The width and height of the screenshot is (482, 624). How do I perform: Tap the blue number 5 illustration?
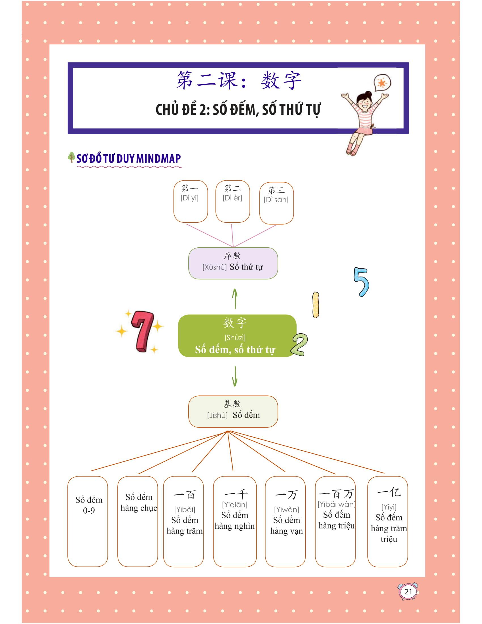pyautogui.click(x=361, y=282)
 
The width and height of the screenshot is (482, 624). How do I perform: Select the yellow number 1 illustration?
pyautogui.click(x=316, y=305)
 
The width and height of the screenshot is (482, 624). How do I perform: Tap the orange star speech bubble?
pyautogui.click(x=382, y=83)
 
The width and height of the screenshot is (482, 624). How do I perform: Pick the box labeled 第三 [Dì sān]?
pyautogui.click(x=276, y=203)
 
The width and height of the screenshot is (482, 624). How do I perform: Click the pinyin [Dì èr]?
pyautogui.click(x=232, y=198)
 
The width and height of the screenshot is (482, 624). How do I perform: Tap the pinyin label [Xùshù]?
pyautogui.click(x=214, y=267)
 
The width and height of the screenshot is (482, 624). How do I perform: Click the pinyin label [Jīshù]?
pyautogui.click(x=217, y=415)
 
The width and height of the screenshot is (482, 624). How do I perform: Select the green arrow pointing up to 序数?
pyautogui.click(x=235, y=299)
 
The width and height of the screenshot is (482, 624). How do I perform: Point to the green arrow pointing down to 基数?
pyautogui.click(x=235, y=376)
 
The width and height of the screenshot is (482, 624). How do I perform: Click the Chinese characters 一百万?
pyautogui.click(x=336, y=494)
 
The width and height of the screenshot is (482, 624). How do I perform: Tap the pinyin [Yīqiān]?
pyautogui.click(x=235, y=505)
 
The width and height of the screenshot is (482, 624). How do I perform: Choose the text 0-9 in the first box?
pyautogui.click(x=89, y=511)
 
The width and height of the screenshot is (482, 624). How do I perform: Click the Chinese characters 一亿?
pyautogui.click(x=389, y=492)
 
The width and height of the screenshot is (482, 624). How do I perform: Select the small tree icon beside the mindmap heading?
pyautogui.click(x=71, y=157)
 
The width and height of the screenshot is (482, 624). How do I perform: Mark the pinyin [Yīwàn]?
pyautogui.click(x=286, y=509)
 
